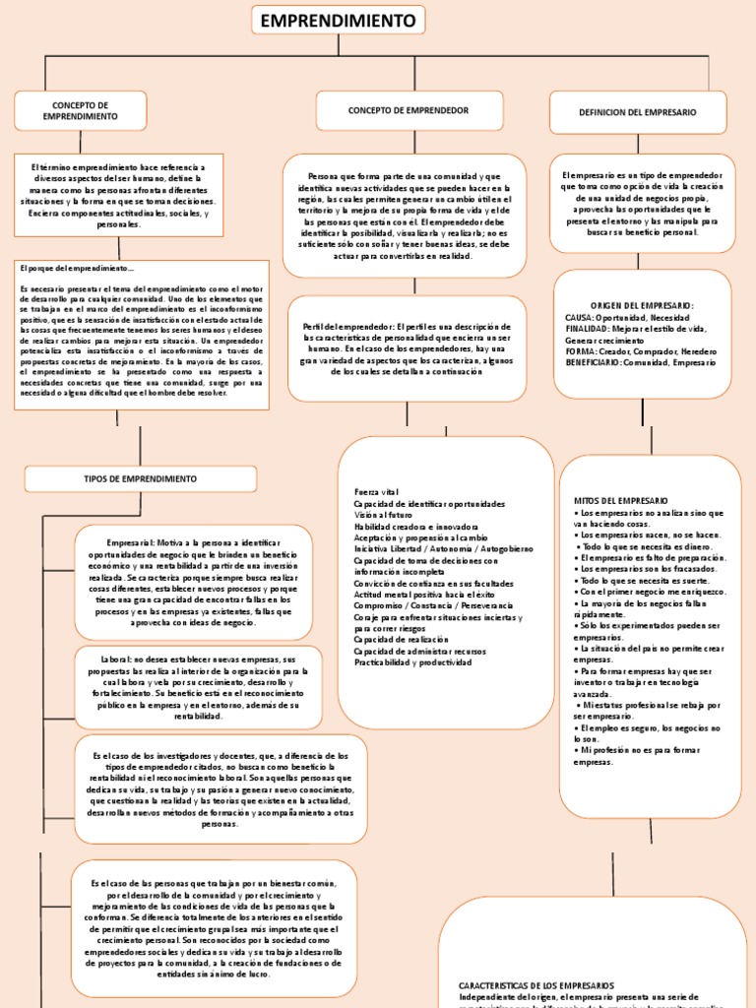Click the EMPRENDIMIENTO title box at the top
339,20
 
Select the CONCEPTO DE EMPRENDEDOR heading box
408,110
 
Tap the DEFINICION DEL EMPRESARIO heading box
638,113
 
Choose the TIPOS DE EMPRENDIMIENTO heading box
140,478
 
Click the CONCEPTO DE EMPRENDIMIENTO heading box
81,110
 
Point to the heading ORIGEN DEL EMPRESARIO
642,306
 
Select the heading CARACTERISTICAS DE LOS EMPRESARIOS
536,984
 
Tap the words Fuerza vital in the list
375,491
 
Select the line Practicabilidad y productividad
412,661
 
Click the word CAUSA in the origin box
580,318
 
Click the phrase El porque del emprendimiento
76,268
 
